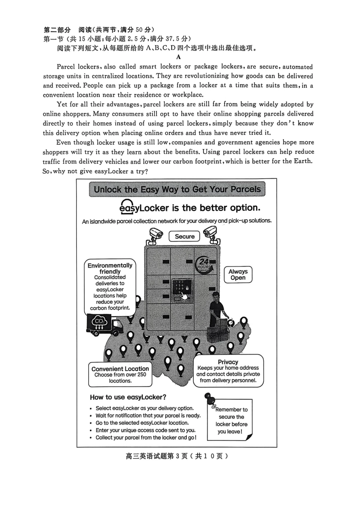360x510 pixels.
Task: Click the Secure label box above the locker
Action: pos(185,236)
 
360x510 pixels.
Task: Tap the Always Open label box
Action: pos(238,275)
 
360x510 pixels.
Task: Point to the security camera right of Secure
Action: pos(211,234)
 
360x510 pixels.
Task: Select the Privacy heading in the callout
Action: pos(228,362)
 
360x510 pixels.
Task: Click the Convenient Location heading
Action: pos(120,369)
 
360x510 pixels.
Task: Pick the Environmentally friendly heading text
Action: pos(110,268)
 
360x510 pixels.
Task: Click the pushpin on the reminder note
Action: pos(210,399)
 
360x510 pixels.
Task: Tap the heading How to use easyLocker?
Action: pos(128,397)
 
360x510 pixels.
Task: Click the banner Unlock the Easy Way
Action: pos(177,189)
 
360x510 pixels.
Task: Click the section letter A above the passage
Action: pos(178,57)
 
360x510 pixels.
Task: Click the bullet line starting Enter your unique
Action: pos(146,430)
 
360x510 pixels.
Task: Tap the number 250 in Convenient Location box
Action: pos(141,375)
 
